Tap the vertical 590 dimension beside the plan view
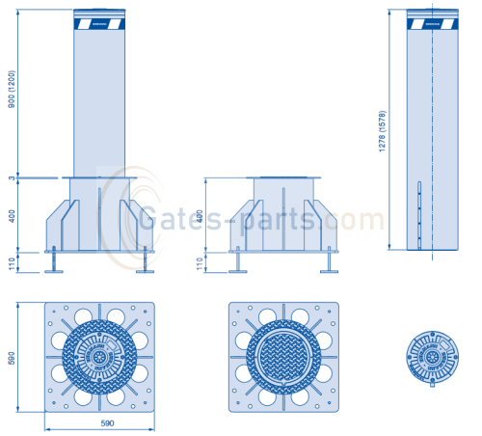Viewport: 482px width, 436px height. click(12, 358)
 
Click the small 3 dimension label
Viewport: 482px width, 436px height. click(12, 177)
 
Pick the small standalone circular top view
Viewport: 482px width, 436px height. click(430, 358)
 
